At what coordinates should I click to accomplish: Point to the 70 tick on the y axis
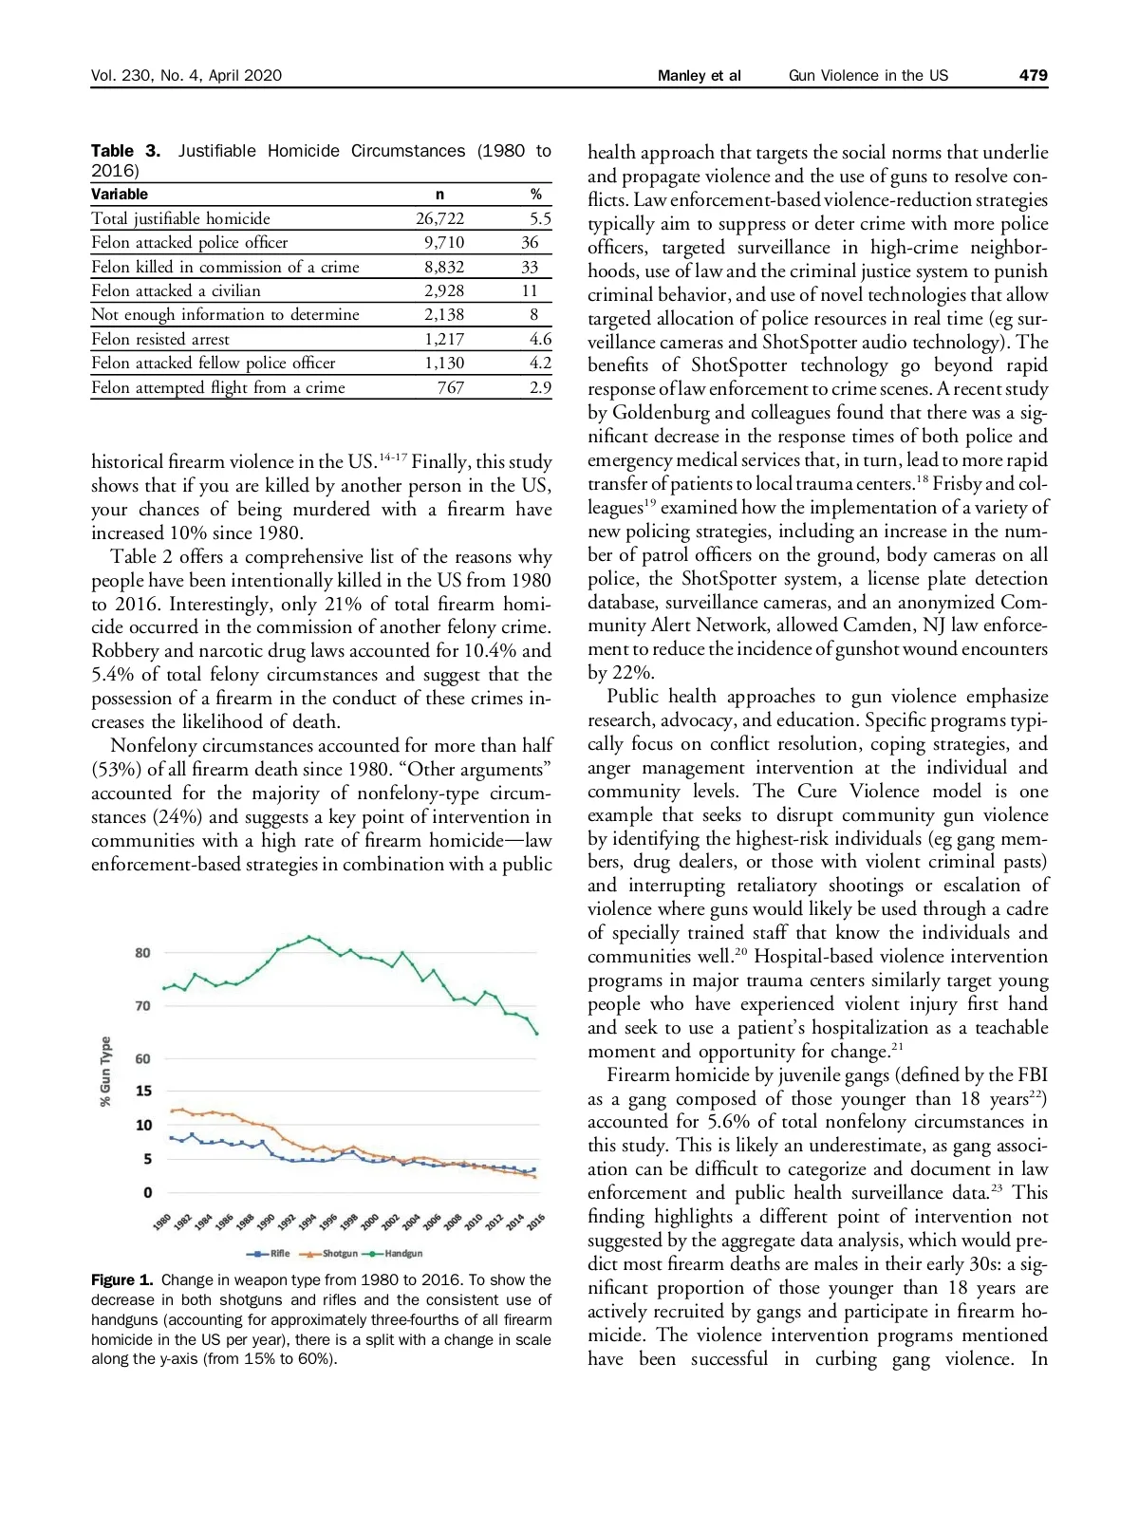pyautogui.click(x=142, y=1006)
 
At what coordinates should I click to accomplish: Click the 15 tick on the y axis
pyautogui.click(x=142, y=1092)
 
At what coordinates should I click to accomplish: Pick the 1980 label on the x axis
pyautogui.click(x=162, y=1222)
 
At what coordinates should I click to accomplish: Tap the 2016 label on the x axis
pyautogui.click(x=536, y=1222)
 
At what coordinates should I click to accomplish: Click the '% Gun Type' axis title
pyautogui.click(x=105, y=1071)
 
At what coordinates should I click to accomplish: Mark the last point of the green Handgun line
pyautogui.click(x=537, y=1034)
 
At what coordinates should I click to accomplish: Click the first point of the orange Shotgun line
pyautogui.click(x=171, y=1111)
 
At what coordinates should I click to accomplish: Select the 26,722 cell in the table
pyautogui.click(x=439, y=218)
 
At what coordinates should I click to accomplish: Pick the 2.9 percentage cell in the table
pyautogui.click(x=540, y=387)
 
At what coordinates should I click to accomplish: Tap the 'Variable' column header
pyautogui.click(x=120, y=194)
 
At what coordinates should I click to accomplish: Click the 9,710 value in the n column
pyautogui.click(x=443, y=242)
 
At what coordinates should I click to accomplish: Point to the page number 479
pyautogui.click(x=1034, y=76)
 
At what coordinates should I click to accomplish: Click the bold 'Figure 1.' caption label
pyautogui.click(x=122, y=1280)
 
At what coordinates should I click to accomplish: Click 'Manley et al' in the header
pyautogui.click(x=699, y=76)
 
